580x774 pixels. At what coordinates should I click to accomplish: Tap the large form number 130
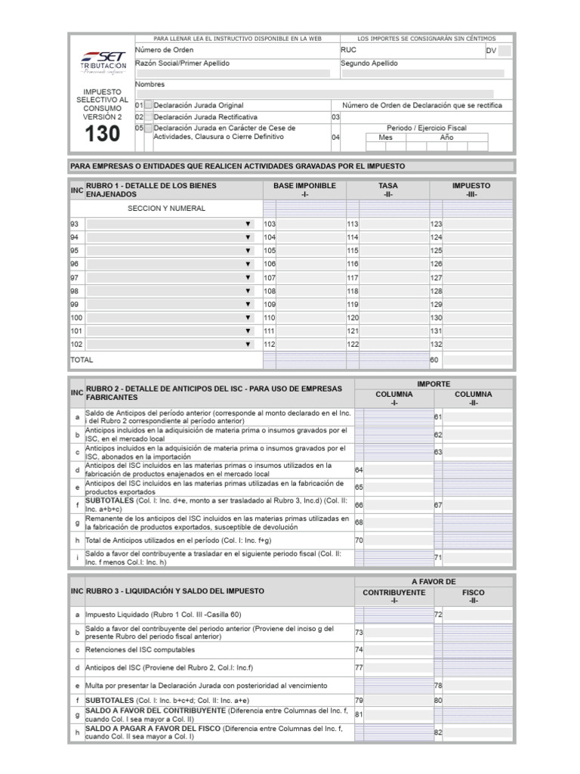(x=101, y=134)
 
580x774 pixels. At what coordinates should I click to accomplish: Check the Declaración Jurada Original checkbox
(x=149, y=106)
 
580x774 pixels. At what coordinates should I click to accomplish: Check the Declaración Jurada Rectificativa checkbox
(x=149, y=117)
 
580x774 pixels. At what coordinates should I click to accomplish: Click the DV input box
(x=504, y=51)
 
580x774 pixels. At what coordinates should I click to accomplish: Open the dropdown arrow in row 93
(x=247, y=224)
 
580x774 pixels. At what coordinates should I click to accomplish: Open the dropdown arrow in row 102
(x=247, y=344)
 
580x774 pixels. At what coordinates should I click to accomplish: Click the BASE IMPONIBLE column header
(x=304, y=190)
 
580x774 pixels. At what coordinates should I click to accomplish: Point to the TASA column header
(x=388, y=190)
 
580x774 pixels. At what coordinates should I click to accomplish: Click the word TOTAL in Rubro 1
(x=82, y=361)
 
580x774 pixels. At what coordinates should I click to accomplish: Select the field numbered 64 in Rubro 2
(x=397, y=470)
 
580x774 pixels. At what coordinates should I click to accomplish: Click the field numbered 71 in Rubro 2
(x=477, y=558)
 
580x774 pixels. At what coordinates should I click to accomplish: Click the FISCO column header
(x=474, y=596)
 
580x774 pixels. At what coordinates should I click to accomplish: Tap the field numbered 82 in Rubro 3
(x=477, y=732)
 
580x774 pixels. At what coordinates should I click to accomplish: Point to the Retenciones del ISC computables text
(x=140, y=649)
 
